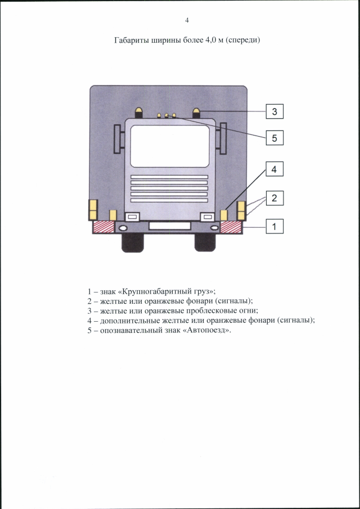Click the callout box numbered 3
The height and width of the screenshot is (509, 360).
(274, 111)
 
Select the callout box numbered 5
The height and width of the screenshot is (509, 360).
(274, 138)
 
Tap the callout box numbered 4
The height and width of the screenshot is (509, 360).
(274, 169)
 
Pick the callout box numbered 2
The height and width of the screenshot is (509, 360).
(274, 198)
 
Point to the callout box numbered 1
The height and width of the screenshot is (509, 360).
(274, 226)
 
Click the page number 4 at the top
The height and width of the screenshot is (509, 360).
(187, 20)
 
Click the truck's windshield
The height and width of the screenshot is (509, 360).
(169, 146)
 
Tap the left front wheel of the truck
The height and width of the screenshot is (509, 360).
(132, 242)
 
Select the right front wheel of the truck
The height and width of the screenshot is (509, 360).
(205, 242)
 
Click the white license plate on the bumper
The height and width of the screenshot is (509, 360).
(169, 226)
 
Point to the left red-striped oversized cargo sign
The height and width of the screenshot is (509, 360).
(104, 227)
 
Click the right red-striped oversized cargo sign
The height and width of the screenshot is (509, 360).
(231, 227)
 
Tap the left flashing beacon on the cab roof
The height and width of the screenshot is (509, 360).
(138, 113)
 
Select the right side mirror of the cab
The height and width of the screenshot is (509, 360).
(223, 138)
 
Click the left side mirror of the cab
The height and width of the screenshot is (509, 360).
(118, 139)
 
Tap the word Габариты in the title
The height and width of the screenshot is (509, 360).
(132, 41)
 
